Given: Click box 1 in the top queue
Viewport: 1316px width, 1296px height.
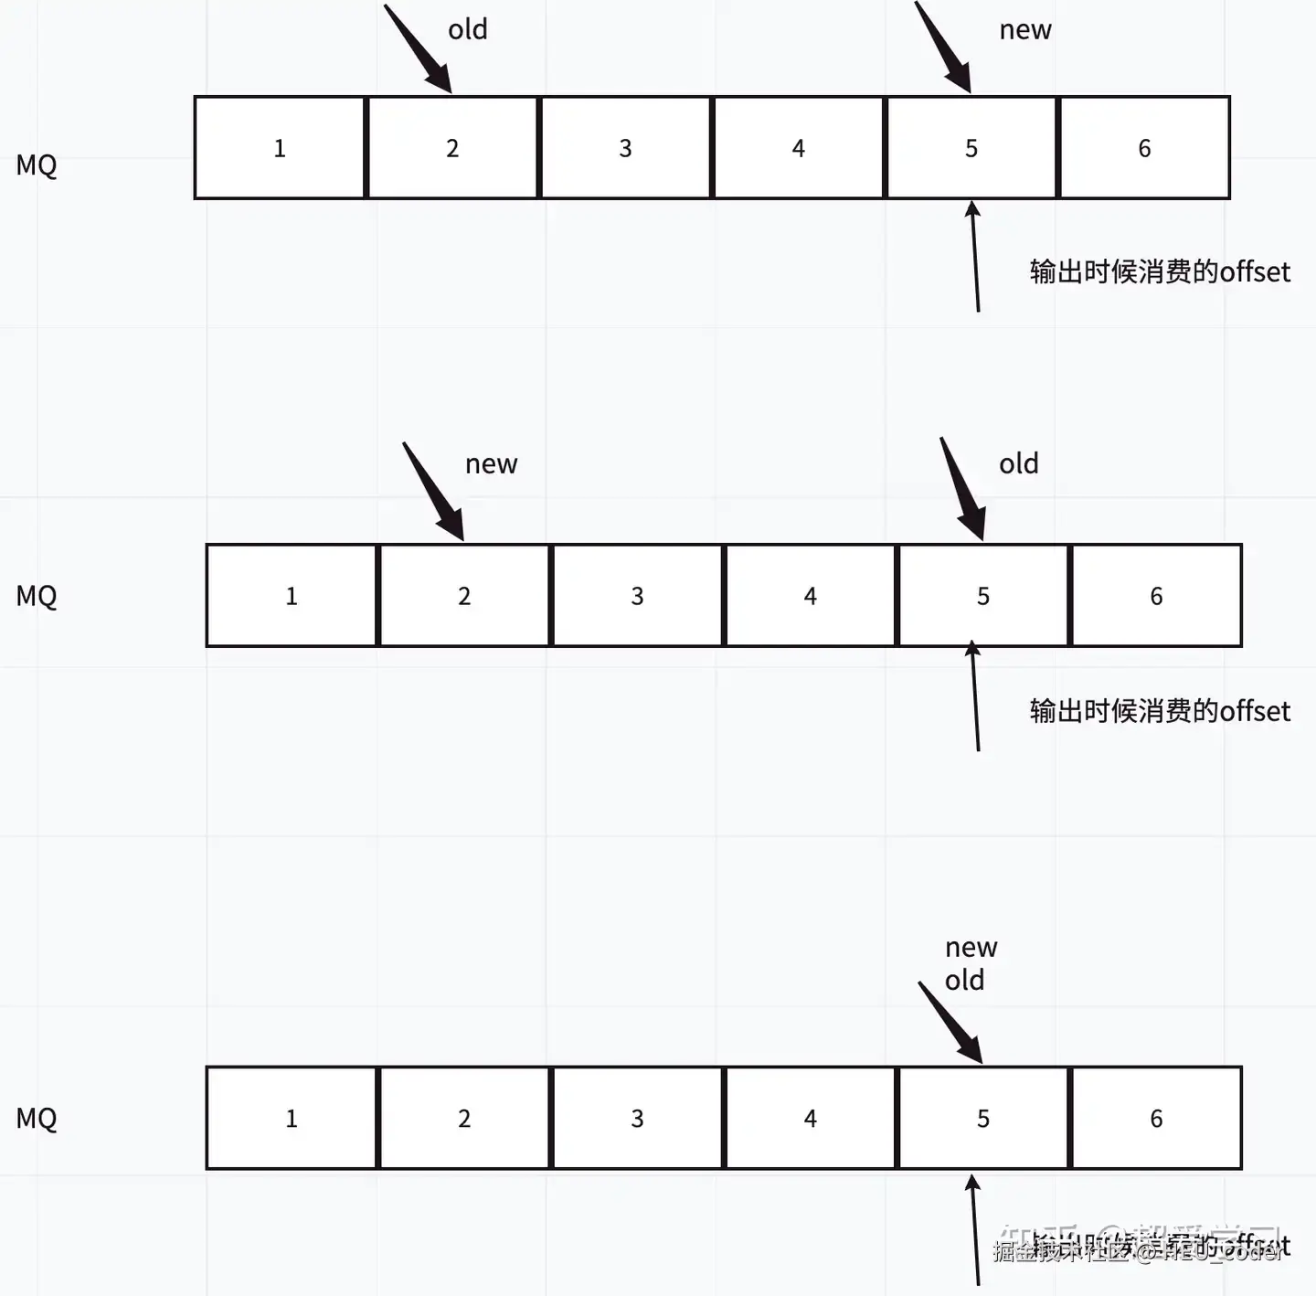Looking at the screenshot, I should tap(280, 148).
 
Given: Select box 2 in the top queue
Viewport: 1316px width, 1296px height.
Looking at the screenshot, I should tap(452, 148).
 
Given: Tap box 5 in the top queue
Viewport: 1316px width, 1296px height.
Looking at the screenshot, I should tap(971, 148).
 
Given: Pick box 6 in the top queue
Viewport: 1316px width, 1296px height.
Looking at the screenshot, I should tap(1144, 148).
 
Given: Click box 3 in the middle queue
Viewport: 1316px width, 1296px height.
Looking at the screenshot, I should tap(637, 596).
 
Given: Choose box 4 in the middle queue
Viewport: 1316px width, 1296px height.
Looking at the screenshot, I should tap(810, 596).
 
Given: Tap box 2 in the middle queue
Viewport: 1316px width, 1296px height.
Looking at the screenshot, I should tap(464, 596).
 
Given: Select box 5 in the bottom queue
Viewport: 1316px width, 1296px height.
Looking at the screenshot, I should tap(983, 1118).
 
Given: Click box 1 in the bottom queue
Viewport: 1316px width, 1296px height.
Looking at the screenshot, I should tap(292, 1118).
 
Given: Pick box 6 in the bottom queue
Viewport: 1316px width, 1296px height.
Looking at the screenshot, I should tap(1156, 1118).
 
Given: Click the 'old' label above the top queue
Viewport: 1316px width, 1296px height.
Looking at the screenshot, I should tap(468, 29).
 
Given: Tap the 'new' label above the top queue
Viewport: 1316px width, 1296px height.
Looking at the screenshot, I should tap(1025, 30).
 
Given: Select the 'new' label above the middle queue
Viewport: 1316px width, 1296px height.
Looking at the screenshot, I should tap(492, 464).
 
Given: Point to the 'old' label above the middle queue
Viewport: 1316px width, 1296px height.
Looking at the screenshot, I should tap(1019, 463).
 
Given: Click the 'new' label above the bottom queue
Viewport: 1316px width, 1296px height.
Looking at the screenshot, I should tap(971, 948).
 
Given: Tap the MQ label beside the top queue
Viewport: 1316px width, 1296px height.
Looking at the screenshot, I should tap(37, 165).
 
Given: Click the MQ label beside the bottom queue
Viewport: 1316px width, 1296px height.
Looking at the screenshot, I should tap(37, 1118).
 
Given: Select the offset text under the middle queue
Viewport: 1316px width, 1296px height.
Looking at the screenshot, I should tap(1160, 711).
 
